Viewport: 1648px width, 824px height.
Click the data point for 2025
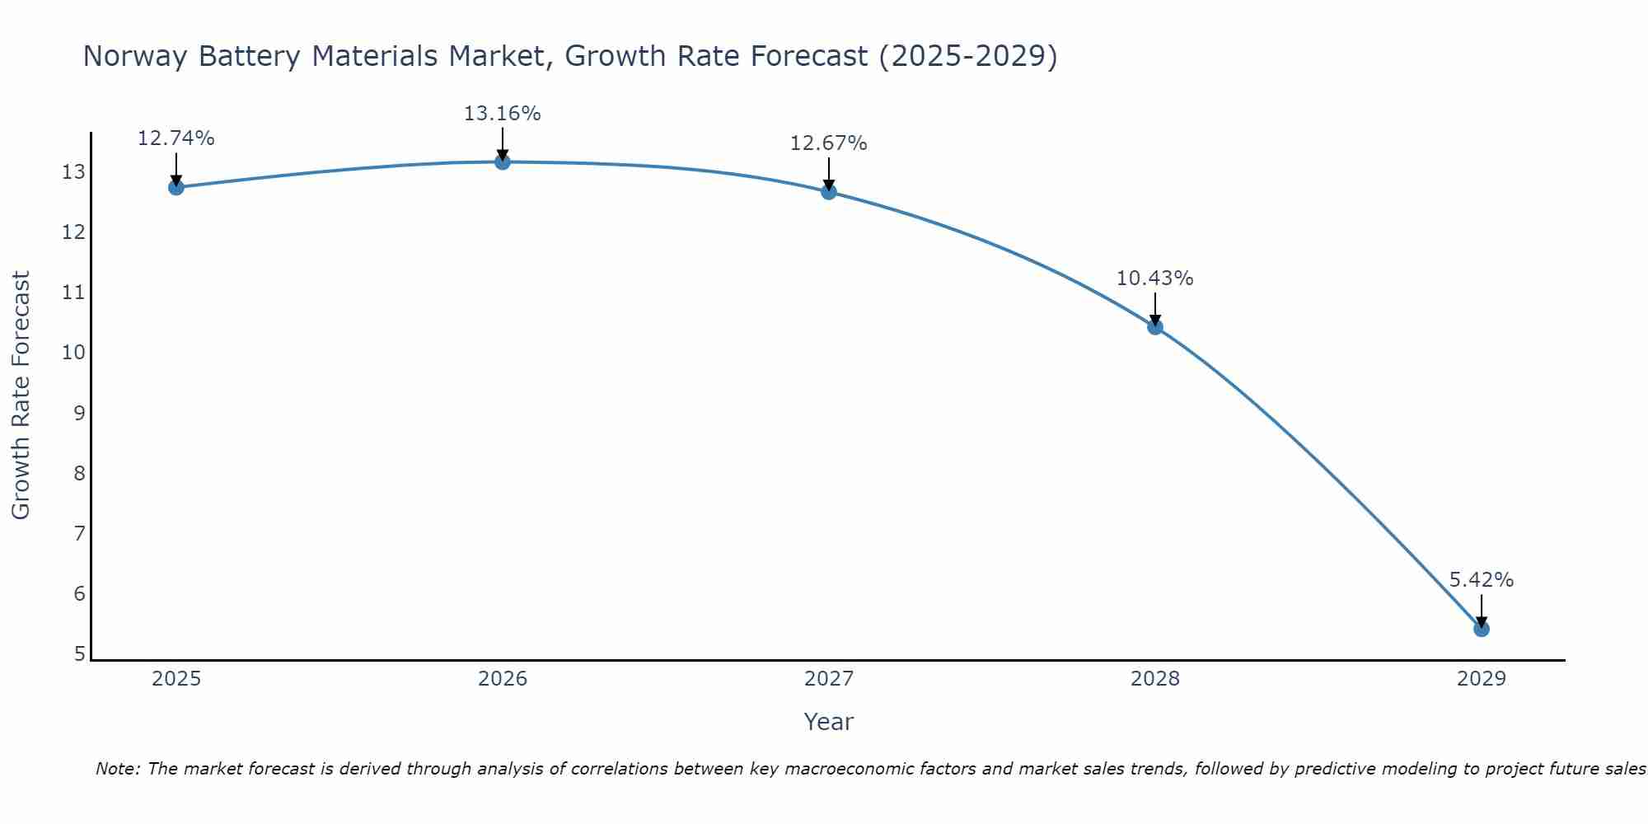coord(176,187)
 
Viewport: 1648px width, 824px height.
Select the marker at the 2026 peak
coord(502,162)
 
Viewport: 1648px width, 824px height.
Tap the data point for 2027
coord(828,192)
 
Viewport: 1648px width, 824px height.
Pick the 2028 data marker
coord(1154,327)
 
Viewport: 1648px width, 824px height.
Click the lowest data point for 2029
coord(1481,629)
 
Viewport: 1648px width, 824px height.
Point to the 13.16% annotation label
coord(502,114)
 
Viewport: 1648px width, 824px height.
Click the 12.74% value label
coord(176,138)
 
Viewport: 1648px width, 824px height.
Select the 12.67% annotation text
coord(828,143)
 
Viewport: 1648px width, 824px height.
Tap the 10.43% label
coord(1154,279)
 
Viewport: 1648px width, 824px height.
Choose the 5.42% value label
coord(1481,580)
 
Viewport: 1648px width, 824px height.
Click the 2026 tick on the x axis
coord(502,679)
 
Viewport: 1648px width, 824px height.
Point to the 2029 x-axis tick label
coord(1481,679)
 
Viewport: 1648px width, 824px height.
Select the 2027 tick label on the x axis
coord(828,679)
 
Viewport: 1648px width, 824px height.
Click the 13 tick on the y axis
coord(73,172)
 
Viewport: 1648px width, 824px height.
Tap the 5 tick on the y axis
coord(79,654)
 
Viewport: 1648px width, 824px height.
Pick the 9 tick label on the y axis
coord(79,413)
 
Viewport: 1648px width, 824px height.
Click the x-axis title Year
coord(828,722)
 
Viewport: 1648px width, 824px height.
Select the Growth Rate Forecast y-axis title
coord(21,396)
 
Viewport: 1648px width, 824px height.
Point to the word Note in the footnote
coord(117,769)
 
